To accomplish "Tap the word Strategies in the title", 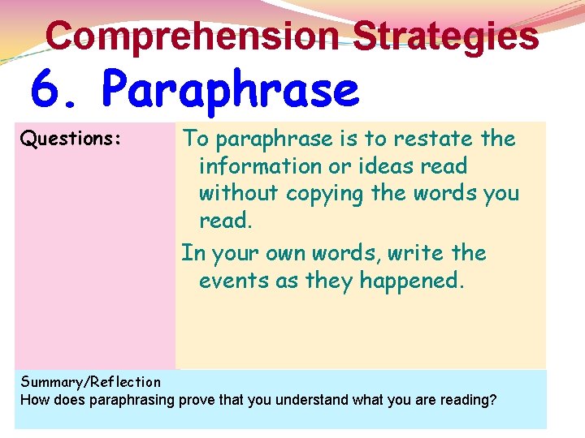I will (x=446, y=36).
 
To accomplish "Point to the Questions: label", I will (x=71, y=140).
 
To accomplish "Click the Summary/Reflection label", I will (x=90, y=382).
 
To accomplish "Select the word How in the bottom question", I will (x=35, y=399).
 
